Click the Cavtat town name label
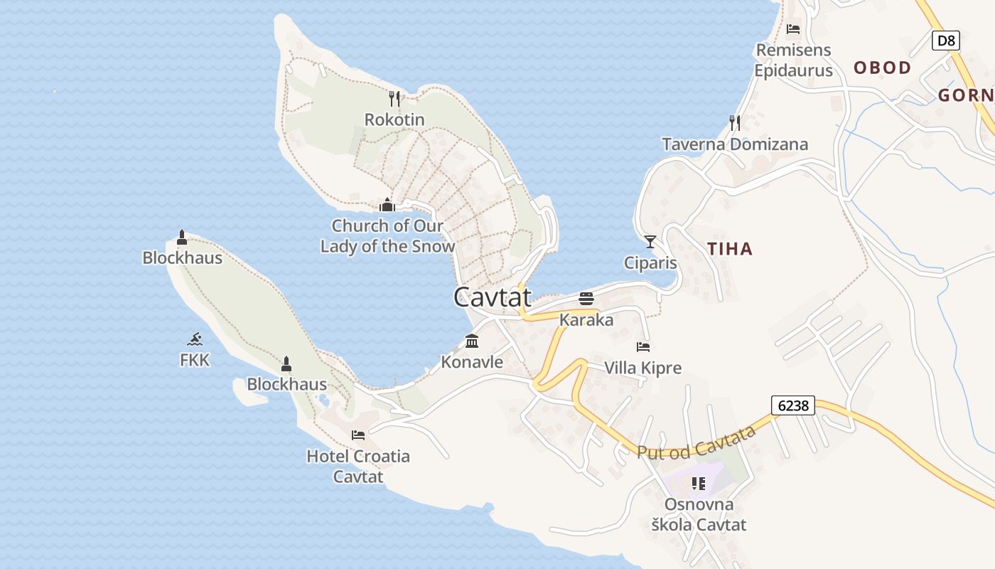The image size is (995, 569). pos(493,297)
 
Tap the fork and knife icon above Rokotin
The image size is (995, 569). pos(395,98)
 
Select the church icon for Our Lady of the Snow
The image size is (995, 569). pos(387,205)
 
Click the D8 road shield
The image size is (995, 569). pos(946,41)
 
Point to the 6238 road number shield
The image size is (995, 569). pos(793,405)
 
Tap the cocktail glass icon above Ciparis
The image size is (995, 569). pos(650,242)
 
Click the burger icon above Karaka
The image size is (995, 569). pos(586,298)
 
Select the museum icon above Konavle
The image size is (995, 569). pos(472,341)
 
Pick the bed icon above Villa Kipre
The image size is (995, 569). pos(643,347)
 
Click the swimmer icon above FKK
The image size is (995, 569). pos(195,339)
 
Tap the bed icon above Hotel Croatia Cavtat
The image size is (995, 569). pos(358,435)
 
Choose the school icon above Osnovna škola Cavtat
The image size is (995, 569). pos(699,484)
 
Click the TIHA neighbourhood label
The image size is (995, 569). pos(730,249)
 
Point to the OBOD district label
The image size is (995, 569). pos(882,68)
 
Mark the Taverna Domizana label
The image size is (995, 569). pos(735,144)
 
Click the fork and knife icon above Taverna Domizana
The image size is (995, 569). pos(735,123)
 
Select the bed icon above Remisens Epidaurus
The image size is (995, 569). pos(793,29)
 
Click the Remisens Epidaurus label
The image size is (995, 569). pos(793,60)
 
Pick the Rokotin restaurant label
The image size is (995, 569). pos(394,119)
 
